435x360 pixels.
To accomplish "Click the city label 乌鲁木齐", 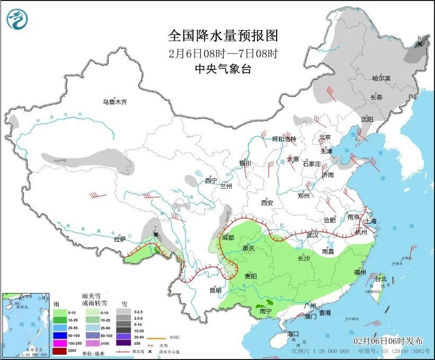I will coord(115,101).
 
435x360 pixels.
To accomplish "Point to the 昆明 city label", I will coord(215,290).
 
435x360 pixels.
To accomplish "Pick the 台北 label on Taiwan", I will coord(381,279).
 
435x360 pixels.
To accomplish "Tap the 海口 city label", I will coord(293,333).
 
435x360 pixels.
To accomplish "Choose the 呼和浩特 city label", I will coord(284,139).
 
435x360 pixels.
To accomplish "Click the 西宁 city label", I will coord(211,180).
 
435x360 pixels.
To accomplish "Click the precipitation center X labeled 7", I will coord(155,234).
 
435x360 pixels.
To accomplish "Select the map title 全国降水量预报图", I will coord(223,36).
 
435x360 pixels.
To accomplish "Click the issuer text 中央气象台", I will coord(223,68).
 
